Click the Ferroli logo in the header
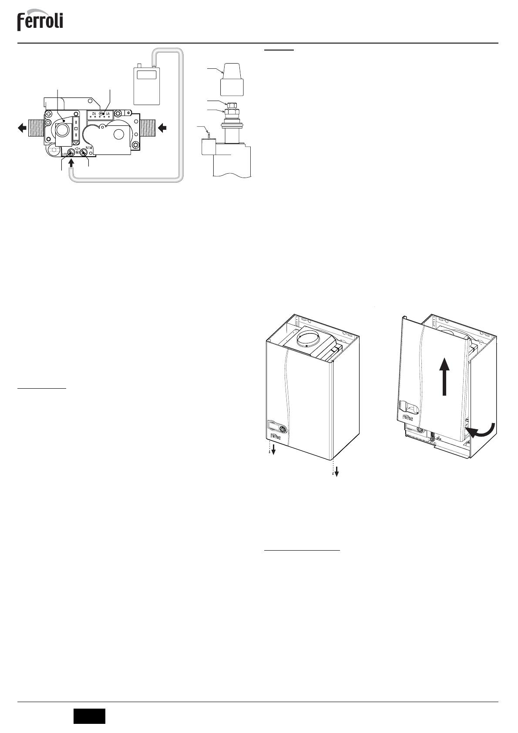tap(40, 21)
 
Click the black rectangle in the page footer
tap(89, 716)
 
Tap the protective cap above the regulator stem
tap(231, 78)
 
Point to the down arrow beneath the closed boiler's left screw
tap(273, 449)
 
